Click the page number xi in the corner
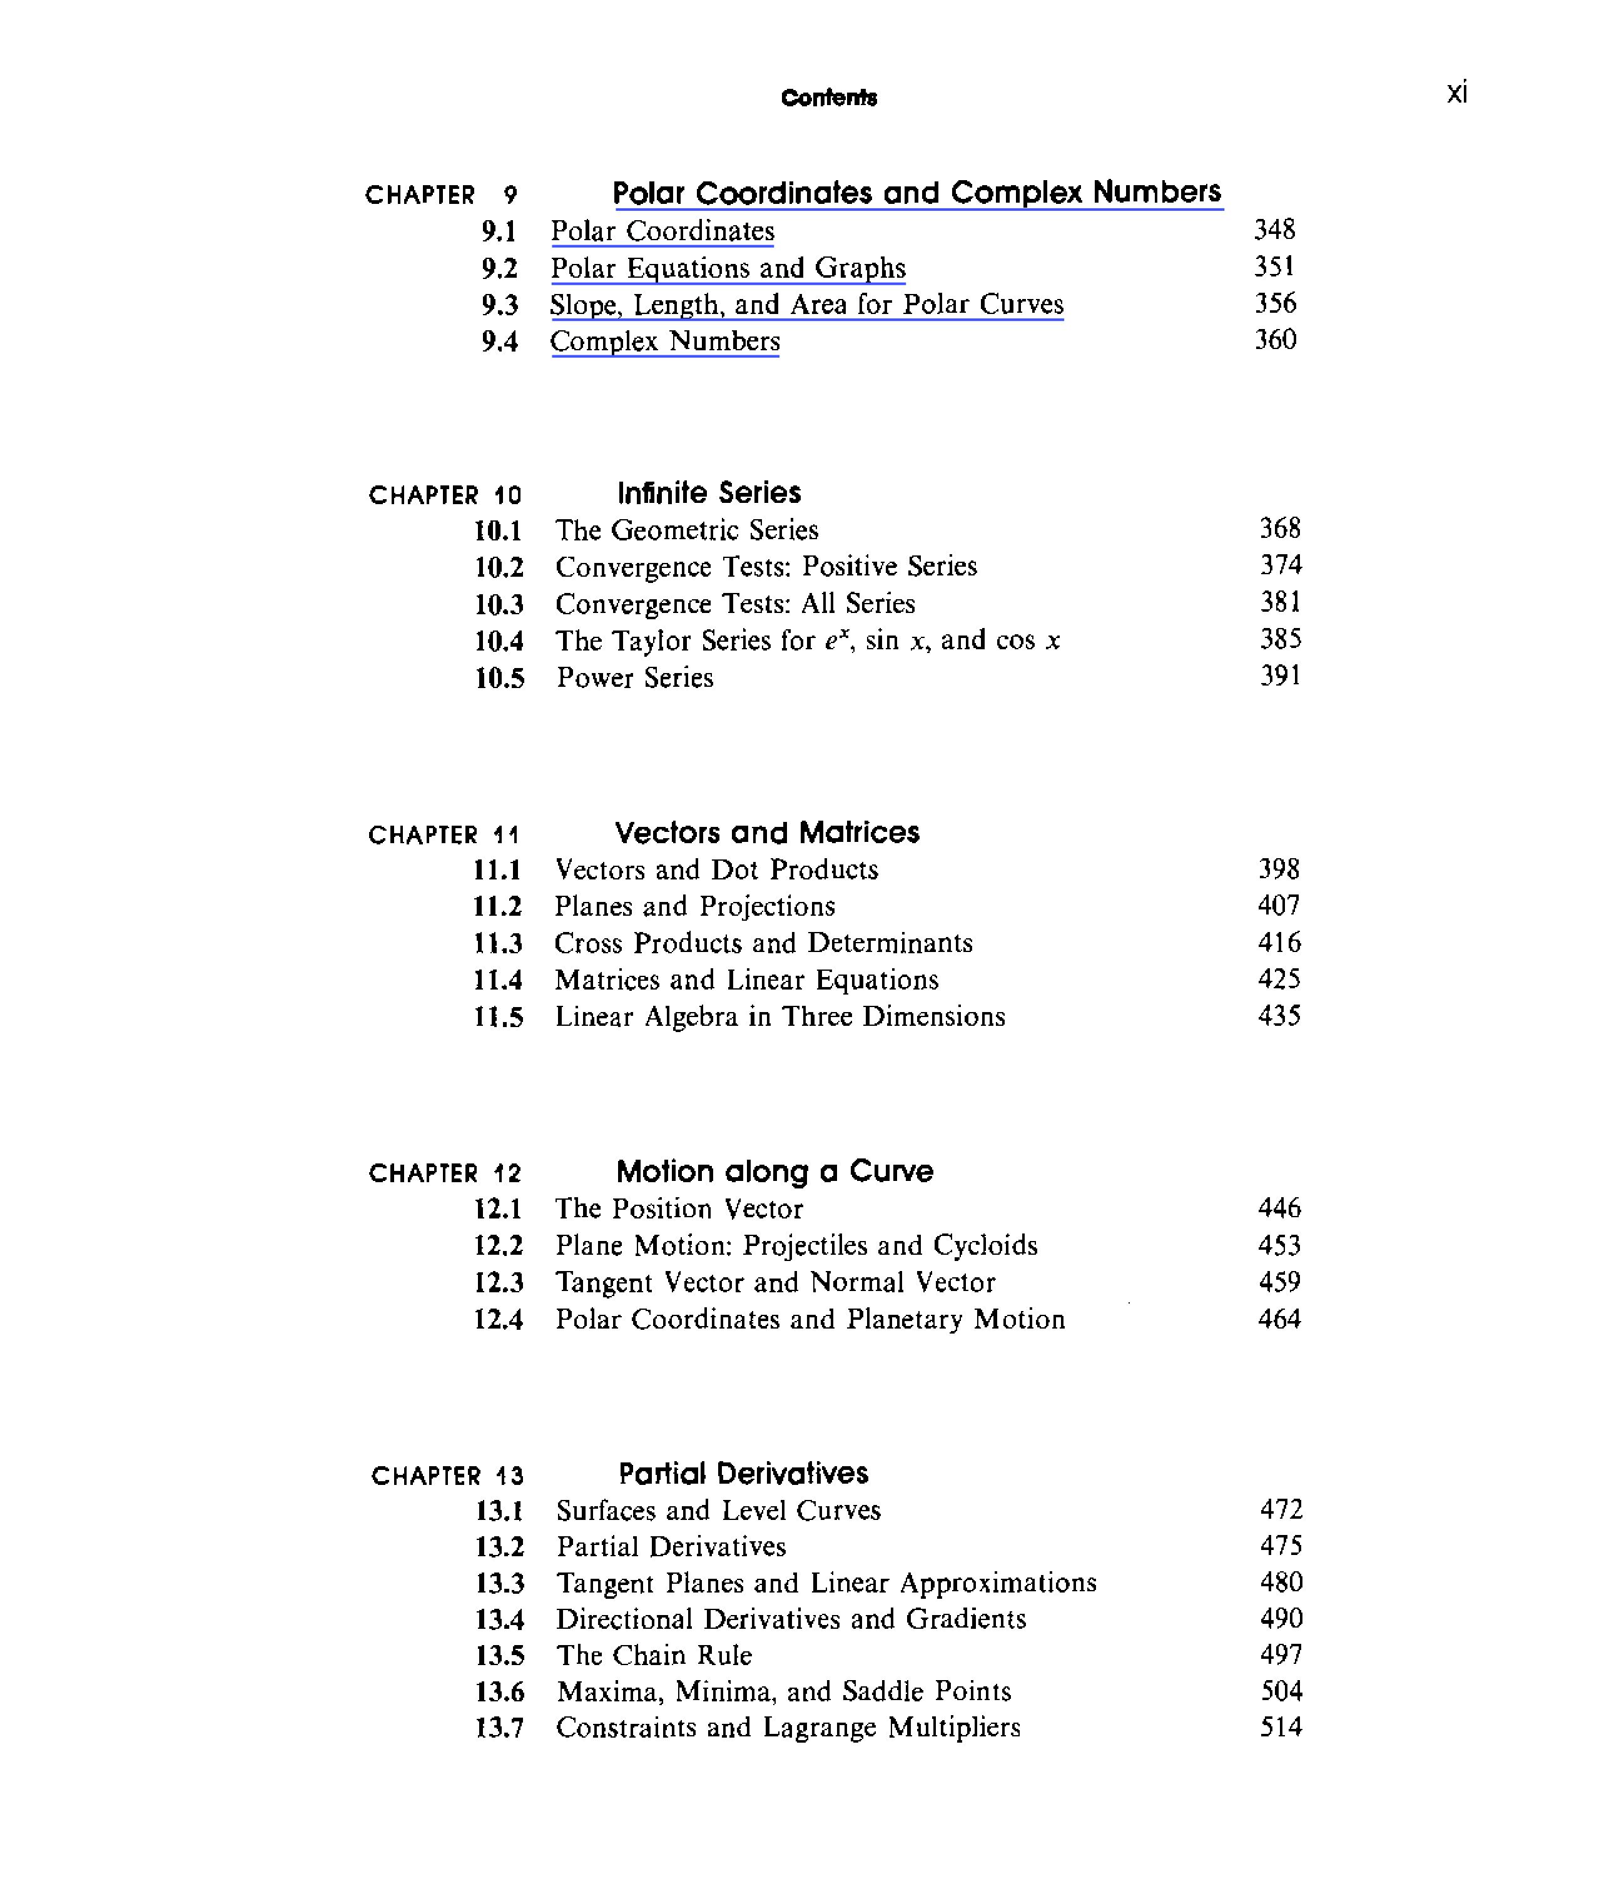[x=1456, y=93]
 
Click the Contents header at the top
[x=829, y=97]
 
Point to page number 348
[x=1274, y=230]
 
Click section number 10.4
[x=499, y=641]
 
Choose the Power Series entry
[x=635, y=677]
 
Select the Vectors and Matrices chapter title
[x=767, y=833]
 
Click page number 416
[x=1279, y=942]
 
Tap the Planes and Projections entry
[x=694, y=906]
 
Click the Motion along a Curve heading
[x=774, y=1171]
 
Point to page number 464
[x=1279, y=1319]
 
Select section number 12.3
[x=499, y=1282]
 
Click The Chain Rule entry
[x=654, y=1655]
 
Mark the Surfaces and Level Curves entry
[x=718, y=1510]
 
